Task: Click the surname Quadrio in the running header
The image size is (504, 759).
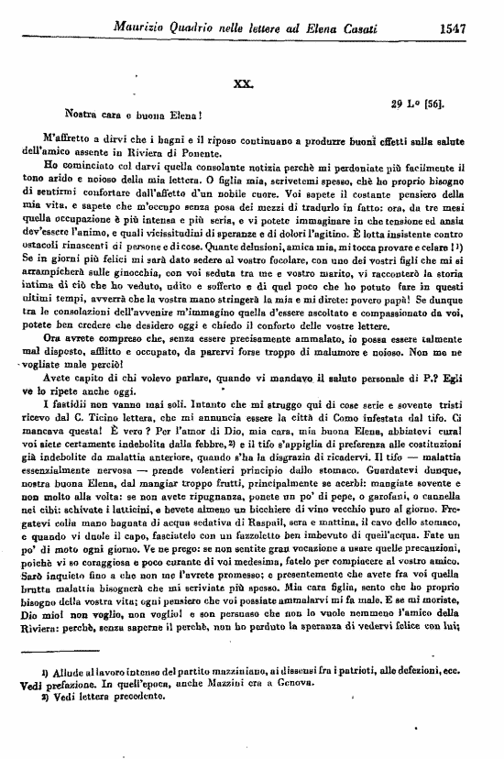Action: pyautogui.click(x=192, y=28)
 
